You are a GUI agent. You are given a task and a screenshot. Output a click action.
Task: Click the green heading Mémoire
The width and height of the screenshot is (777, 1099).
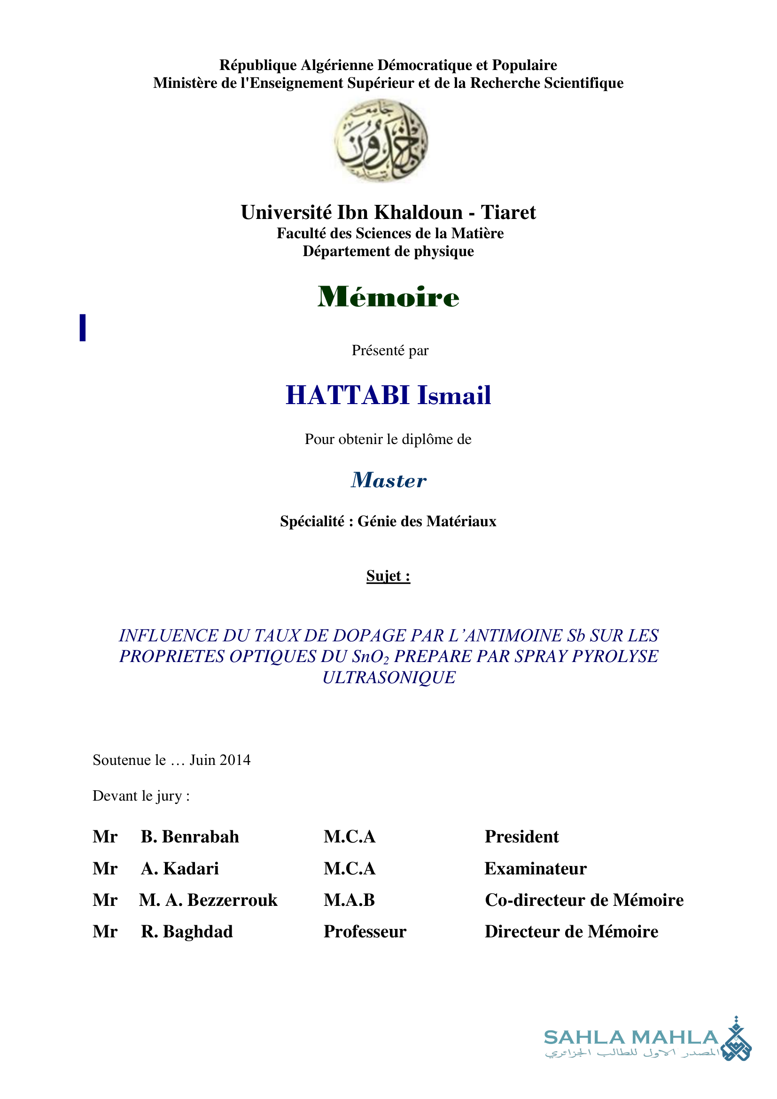388,297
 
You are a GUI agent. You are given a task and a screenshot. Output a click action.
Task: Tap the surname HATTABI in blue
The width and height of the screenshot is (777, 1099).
347,395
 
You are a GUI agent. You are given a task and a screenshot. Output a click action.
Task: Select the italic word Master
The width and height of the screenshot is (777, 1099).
388,480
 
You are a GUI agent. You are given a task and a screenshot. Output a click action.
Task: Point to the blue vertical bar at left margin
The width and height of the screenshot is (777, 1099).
83,327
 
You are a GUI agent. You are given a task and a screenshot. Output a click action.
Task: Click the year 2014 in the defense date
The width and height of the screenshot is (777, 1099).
235,760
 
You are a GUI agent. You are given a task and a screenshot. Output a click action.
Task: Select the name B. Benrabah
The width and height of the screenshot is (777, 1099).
189,837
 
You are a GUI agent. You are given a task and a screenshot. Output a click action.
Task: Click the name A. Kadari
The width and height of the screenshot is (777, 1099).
179,869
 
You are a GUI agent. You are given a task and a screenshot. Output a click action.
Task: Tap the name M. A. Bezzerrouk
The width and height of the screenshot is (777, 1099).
208,900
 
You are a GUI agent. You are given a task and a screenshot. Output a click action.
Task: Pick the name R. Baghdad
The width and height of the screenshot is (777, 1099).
186,932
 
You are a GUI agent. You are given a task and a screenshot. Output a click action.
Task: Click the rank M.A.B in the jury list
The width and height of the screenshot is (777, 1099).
349,900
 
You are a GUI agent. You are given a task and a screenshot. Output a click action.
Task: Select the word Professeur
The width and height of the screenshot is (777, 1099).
365,932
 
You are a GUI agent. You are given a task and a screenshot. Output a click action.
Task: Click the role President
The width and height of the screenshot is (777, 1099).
521,837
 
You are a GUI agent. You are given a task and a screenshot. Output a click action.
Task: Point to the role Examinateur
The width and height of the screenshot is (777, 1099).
536,869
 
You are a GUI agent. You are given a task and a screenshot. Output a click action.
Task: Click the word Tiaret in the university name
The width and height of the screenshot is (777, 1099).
508,212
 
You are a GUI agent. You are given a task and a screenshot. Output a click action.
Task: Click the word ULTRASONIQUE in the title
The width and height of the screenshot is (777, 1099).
388,678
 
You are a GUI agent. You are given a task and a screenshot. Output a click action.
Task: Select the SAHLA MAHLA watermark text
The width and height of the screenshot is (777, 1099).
630,1038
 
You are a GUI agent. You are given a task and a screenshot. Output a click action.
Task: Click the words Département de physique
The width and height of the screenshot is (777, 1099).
388,251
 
